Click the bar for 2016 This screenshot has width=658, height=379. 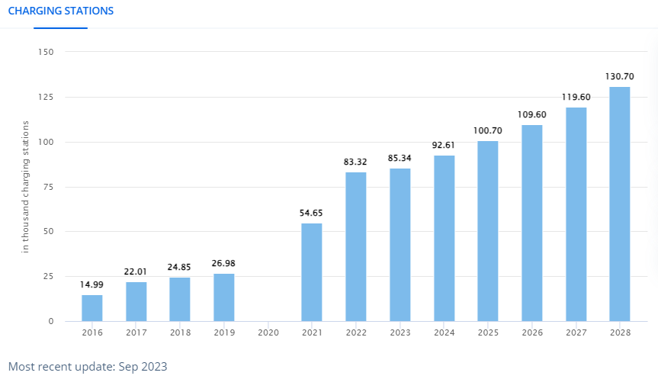(x=92, y=308)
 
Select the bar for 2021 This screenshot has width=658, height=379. (x=312, y=272)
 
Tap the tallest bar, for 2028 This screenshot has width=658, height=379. (x=619, y=204)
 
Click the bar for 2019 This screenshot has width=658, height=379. (x=224, y=297)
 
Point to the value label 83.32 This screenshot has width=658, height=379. (x=356, y=162)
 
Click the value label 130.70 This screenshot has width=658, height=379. (x=619, y=76)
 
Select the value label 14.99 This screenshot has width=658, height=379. (x=92, y=284)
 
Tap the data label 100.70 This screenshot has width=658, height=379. (x=487, y=130)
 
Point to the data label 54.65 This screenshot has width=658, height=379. (x=312, y=213)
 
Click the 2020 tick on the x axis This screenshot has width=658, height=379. (x=268, y=332)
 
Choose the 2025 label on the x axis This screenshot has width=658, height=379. (x=487, y=332)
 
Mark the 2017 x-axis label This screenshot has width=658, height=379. (x=136, y=332)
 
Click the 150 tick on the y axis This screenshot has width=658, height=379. (x=46, y=52)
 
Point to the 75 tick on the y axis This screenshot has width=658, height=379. (x=48, y=187)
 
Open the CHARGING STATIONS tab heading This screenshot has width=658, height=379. (x=60, y=11)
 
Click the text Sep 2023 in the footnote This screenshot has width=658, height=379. (x=143, y=367)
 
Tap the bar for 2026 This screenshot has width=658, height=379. (x=531, y=223)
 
